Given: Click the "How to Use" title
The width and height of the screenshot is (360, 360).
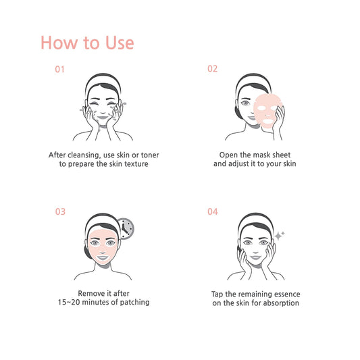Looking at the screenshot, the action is pyautogui.click(x=87, y=43).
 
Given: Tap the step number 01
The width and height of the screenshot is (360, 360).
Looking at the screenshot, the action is pyautogui.click(x=59, y=70).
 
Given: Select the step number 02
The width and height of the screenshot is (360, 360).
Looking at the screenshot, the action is pyautogui.click(x=212, y=69).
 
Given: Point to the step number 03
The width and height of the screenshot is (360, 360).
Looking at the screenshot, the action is pyautogui.click(x=60, y=211).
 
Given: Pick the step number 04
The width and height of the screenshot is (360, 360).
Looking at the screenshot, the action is pyautogui.click(x=213, y=211).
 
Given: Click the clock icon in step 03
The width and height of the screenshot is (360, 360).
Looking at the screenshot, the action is pyautogui.click(x=126, y=228).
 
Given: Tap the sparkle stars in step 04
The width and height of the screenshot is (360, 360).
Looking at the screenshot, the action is pyautogui.click(x=280, y=235).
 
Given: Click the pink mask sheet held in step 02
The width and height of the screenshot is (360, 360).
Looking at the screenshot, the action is pyautogui.click(x=267, y=111).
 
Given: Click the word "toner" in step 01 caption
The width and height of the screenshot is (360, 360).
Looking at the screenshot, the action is pyautogui.click(x=150, y=155).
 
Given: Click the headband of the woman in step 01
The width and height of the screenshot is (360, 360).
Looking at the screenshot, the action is pyautogui.click(x=103, y=80).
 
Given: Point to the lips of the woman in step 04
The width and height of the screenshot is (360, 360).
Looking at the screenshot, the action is pyautogui.click(x=255, y=257).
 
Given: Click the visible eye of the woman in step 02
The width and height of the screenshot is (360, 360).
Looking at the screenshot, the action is pyautogui.click(x=245, y=103).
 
